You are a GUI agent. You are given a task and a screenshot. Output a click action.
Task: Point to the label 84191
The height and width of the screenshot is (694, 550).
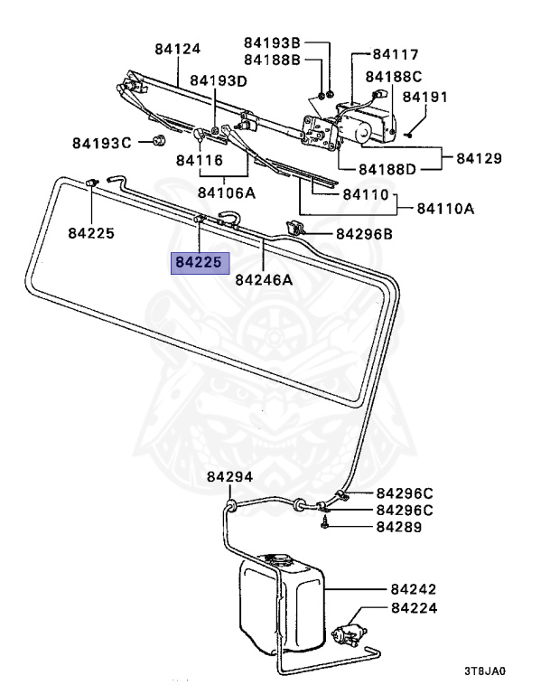[x=425, y=96]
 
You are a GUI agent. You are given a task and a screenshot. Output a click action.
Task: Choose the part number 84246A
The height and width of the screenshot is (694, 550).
[x=264, y=279]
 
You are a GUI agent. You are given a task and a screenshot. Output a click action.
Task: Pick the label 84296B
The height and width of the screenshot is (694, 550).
[x=364, y=234]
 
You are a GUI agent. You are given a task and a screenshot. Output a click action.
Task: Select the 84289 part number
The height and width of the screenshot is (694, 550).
[x=400, y=527]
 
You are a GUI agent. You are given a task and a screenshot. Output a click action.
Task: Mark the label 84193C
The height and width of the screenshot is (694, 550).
[x=102, y=143]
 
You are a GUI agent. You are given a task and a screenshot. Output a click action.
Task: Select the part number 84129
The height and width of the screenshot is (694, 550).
[x=479, y=158]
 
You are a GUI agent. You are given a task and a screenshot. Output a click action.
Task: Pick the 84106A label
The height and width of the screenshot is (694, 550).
[x=227, y=192]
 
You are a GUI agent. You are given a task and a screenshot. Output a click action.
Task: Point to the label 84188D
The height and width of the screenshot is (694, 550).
[x=387, y=169]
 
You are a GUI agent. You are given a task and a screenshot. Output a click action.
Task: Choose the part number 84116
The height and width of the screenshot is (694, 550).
[x=199, y=160]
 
